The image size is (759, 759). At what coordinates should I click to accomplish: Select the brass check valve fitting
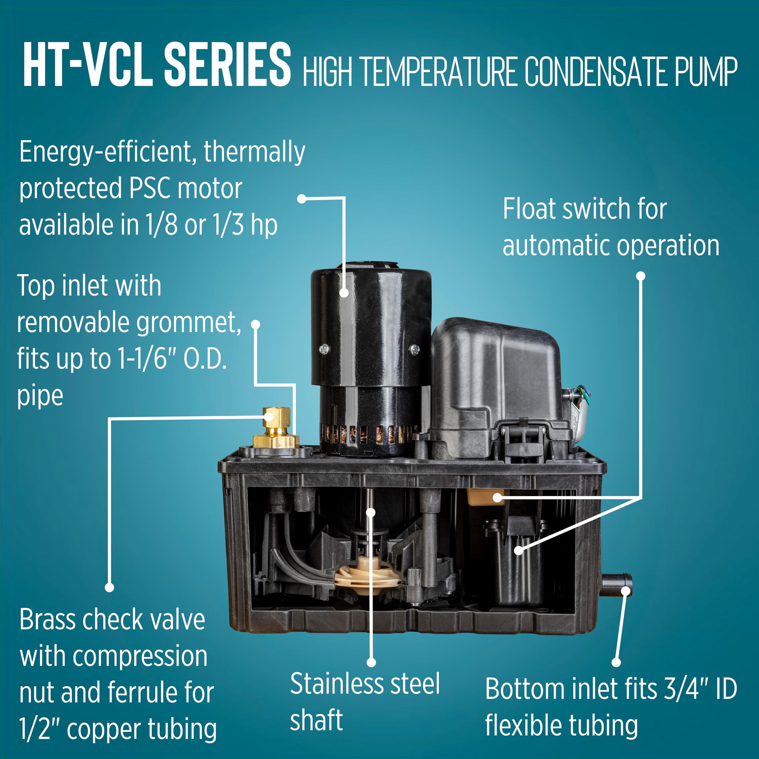(276, 429)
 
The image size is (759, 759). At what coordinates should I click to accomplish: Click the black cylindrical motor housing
(371, 361)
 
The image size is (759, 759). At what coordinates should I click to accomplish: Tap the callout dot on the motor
(344, 293)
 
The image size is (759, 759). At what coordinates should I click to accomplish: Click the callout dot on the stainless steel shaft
(371, 512)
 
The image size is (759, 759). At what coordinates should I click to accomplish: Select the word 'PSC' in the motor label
(150, 189)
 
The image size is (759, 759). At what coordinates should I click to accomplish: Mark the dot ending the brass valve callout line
(110, 588)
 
